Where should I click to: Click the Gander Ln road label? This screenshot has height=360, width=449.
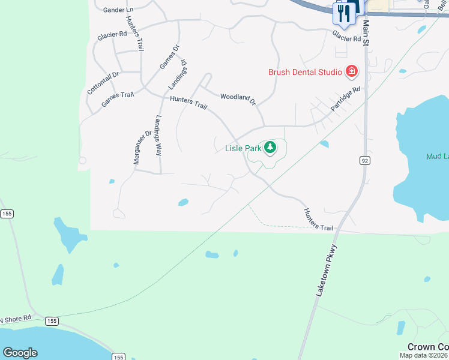click(x=118, y=10)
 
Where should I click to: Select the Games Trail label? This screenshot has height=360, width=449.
click(x=117, y=99)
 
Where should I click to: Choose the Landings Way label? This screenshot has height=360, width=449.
click(x=158, y=135)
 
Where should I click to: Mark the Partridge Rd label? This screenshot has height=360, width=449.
click(x=348, y=99)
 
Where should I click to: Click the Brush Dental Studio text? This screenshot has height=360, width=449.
click(x=305, y=73)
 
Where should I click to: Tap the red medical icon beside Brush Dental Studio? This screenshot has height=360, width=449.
click(x=352, y=73)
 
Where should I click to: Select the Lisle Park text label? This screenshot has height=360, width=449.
click(x=243, y=148)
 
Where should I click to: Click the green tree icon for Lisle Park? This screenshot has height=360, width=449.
click(x=271, y=147)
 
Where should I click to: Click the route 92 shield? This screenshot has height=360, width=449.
click(x=364, y=160)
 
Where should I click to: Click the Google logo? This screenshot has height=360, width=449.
click(x=20, y=352)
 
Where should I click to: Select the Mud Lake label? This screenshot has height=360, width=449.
click(x=437, y=157)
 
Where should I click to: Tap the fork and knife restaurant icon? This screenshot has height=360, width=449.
click(x=343, y=13)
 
